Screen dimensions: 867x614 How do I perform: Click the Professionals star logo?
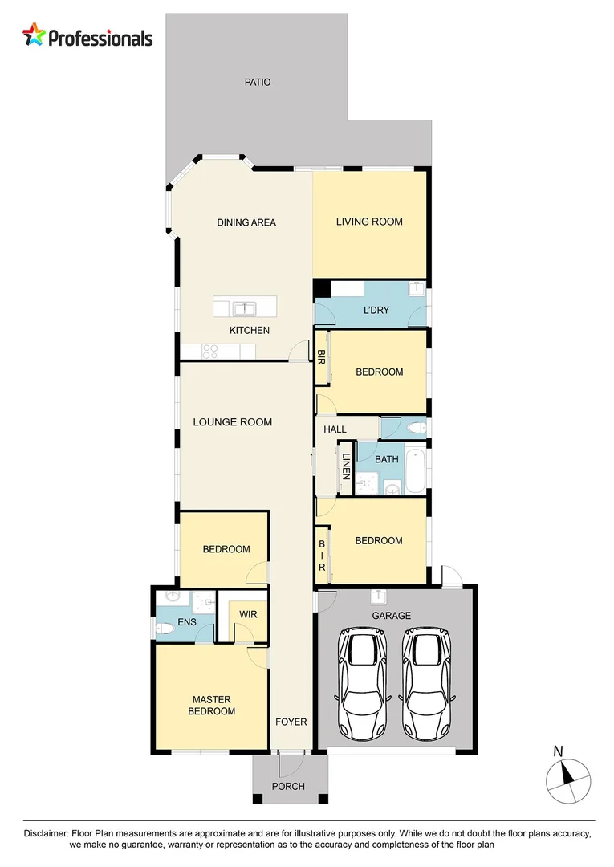[35, 35]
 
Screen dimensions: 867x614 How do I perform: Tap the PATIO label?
[258, 82]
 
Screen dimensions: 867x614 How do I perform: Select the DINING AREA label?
[246, 222]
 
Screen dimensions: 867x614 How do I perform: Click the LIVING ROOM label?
[369, 222]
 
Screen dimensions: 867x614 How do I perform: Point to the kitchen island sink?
[244, 307]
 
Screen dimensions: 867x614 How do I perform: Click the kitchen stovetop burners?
[209, 351]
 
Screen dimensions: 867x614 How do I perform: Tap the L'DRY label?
[375, 310]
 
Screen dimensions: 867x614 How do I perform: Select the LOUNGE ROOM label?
[232, 421]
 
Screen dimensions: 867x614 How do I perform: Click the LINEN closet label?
[347, 466]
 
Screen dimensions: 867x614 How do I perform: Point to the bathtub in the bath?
[415, 472]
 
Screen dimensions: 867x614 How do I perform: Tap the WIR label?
[247, 615]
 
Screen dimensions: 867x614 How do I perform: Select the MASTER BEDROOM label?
[212, 705]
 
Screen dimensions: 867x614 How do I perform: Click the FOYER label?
[291, 722]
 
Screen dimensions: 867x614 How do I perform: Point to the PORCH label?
[288, 786]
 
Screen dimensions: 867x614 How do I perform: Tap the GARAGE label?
[391, 616]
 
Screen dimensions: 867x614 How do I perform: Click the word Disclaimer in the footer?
[47, 834]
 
